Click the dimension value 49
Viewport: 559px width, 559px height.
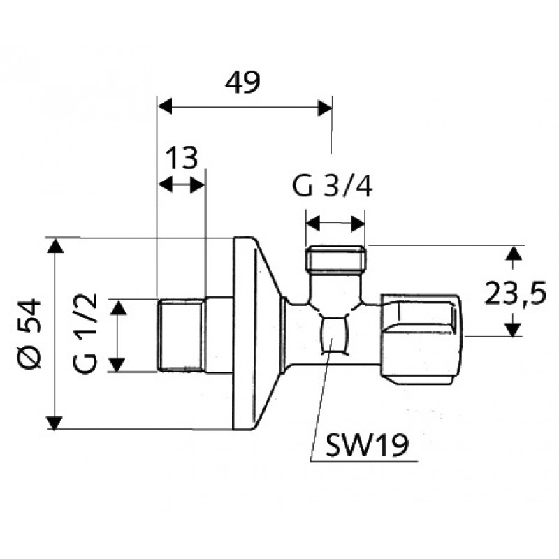pyautogui.click(x=242, y=82)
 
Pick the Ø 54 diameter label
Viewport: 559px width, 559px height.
pyautogui.click(x=31, y=334)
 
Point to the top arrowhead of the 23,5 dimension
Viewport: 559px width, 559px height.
pyautogui.click(x=514, y=253)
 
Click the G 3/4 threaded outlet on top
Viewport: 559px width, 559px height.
pyautogui.click(x=336, y=260)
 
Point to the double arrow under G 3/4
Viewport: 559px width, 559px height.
pyautogui.click(x=336, y=224)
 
